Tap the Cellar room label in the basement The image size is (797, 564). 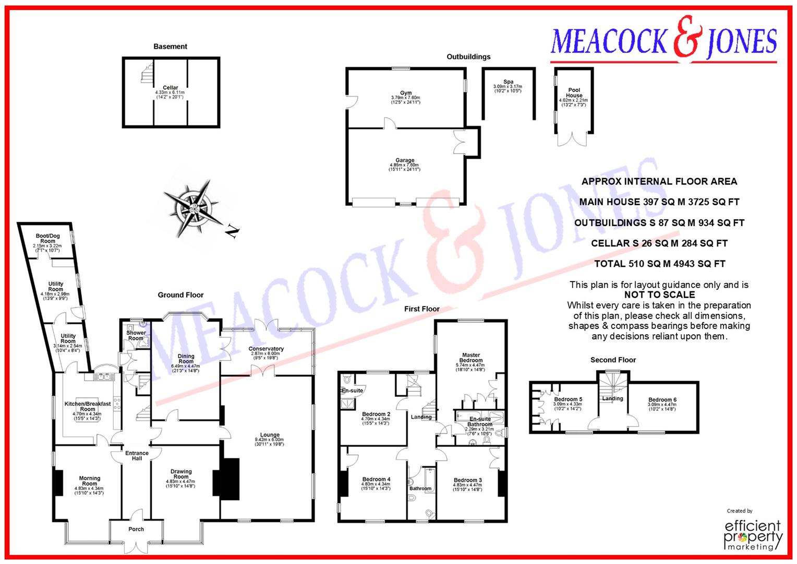point(170,88)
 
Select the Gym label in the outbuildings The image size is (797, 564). point(405,93)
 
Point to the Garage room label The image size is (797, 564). point(405,160)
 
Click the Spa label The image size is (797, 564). point(508,82)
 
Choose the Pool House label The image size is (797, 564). point(574,93)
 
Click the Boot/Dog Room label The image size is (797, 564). point(47,239)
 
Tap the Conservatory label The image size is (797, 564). point(266,349)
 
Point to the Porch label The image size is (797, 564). point(136,529)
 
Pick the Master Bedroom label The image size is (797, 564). point(471,358)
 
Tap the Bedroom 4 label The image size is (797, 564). point(376,479)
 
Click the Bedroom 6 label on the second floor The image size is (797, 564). point(662,400)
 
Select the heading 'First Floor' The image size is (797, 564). point(421,309)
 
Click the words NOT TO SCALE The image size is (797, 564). point(659,295)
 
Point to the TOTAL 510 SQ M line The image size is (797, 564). point(659,264)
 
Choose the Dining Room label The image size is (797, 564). point(186,358)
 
